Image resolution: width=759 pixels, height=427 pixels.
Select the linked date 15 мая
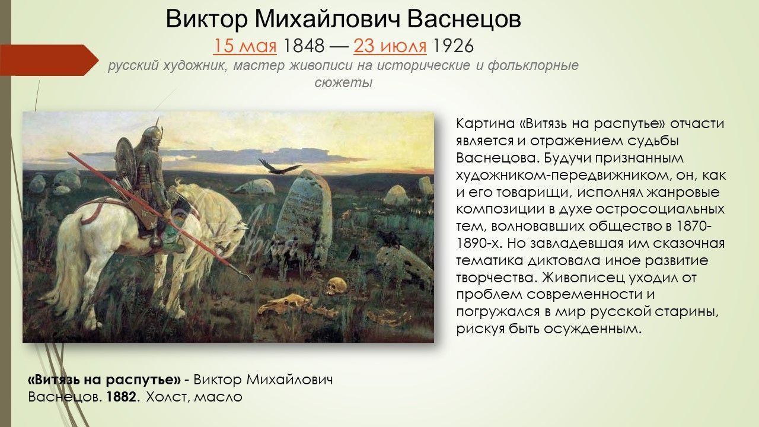[x=245, y=46]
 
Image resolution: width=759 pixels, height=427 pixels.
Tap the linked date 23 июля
[x=390, y=46]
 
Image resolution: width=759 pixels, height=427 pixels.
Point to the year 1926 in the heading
[x=454, y=46]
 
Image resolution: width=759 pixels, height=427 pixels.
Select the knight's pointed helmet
[x=153, y=128]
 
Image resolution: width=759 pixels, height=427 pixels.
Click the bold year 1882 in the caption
[x=123, y=396]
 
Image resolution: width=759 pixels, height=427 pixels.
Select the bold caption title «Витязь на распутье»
[x=104, y=380]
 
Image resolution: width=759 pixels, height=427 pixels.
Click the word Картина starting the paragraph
[x=484, y=123]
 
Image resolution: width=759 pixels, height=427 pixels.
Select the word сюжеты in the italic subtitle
[x=343, y=82]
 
